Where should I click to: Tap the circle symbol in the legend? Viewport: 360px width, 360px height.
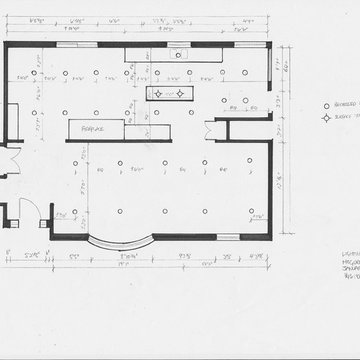pyautogui.click(x=325, y=105)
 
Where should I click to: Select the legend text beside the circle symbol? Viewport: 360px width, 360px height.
pyautogui.click(x=345, y=105)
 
